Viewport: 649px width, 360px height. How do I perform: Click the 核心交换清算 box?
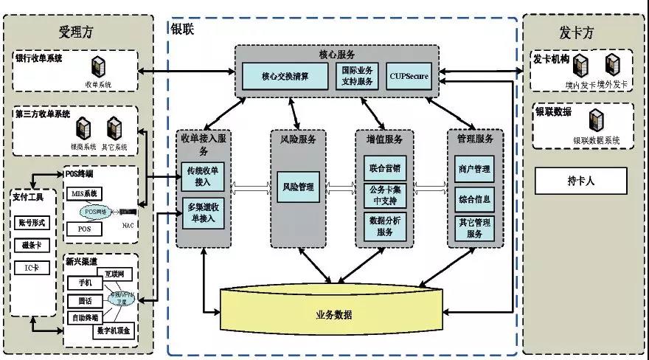point(285,75)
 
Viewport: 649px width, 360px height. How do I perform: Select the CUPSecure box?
point(409,75)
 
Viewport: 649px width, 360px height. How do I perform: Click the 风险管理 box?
point(298,187)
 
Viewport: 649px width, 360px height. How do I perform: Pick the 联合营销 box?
point(384,167)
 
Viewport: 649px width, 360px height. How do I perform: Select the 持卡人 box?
point(580,180)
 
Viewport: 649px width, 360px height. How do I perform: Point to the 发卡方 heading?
point(576,32)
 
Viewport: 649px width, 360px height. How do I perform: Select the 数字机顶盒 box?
point(114,331)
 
